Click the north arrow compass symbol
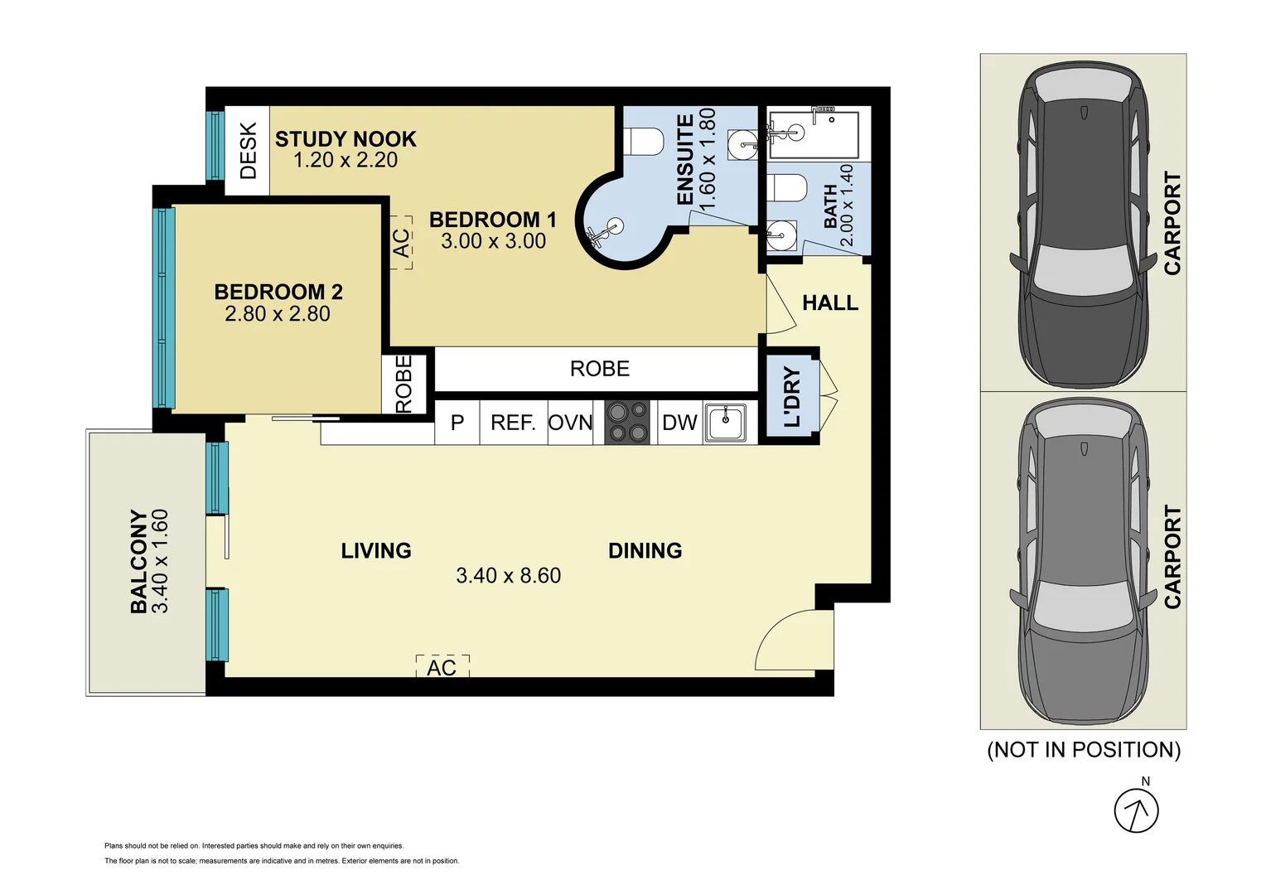(x=1135, y=810)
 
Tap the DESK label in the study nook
(x=248, y=151)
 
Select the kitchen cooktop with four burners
(x=626, y=423)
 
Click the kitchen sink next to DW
(x=725, y=423)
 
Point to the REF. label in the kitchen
(x=513, y=423)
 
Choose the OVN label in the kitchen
(x=570, y=423)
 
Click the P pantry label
(x=457, y=423)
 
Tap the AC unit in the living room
(x=442, y=667)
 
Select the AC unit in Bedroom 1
(x=401, y=243)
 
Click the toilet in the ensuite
(x=643, y=141)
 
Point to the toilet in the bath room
(x=787, y=188)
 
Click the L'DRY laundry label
(x=792, y=398)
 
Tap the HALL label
(x=829, y=303)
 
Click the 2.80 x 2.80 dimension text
(x=277, y=314)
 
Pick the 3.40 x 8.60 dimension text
(x=508, y=575)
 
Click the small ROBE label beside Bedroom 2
(x=403, y=384)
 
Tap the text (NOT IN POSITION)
(x=1083, y=750)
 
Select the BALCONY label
(x=138, y=561)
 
